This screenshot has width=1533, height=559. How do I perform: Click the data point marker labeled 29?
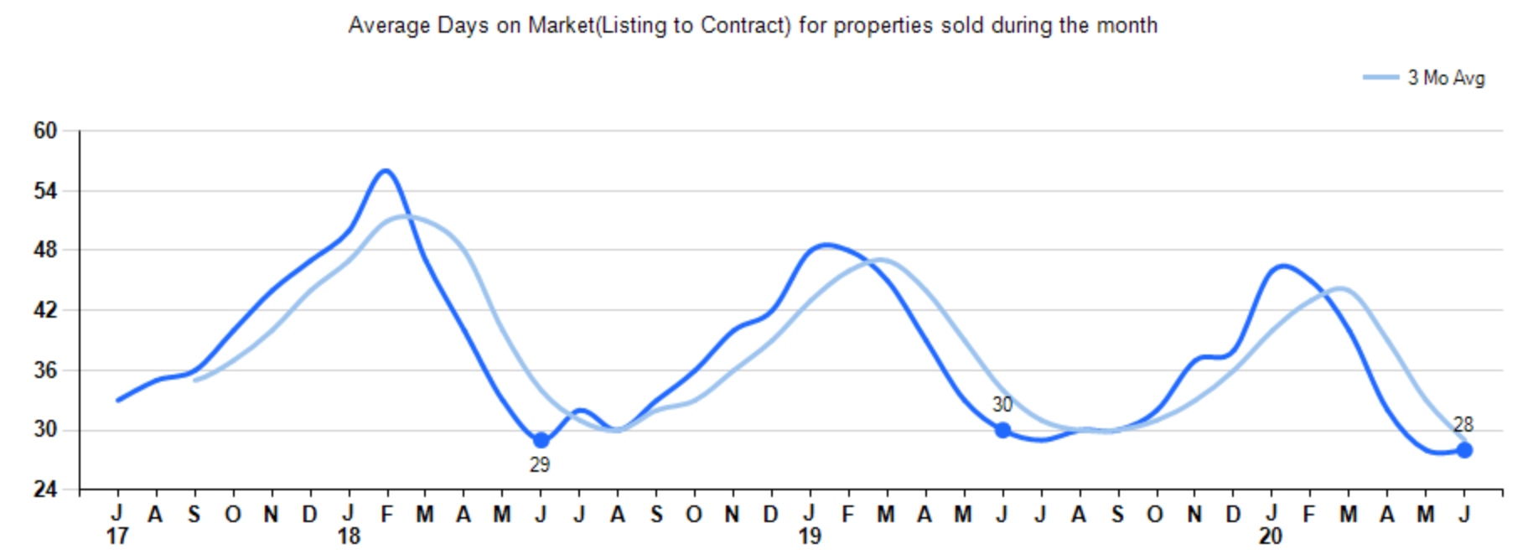(541, 440)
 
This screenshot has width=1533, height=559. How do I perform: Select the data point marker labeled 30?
(1002, 430)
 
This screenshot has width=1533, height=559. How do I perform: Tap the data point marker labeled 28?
(1464, 450)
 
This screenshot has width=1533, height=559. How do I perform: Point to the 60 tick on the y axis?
(45, 131)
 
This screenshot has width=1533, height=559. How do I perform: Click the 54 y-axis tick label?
(45, 191)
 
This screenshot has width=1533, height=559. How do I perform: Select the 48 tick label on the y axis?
(45, 251)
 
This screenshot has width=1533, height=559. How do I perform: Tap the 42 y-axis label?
(45, 310)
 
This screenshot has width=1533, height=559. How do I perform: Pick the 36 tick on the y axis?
(45, 370)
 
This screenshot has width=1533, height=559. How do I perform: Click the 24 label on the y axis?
(45, 489)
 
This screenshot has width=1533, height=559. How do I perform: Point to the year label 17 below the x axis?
(117, 536)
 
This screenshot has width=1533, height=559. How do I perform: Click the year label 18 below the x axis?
(348, 536)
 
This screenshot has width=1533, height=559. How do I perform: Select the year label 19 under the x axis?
(809, 536)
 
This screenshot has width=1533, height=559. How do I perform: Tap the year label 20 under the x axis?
(1271, 536)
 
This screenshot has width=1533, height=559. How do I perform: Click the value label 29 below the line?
(540, 464)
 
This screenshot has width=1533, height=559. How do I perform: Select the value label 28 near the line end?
(1463, 425)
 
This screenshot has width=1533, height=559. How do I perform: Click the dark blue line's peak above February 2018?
(386, 171)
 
